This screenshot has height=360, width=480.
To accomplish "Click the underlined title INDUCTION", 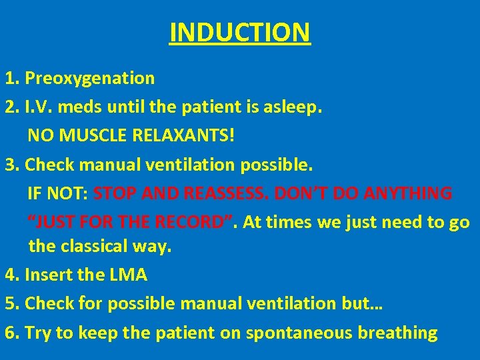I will (x=239, y=32).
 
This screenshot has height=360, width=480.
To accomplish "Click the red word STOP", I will (x=115, y=194).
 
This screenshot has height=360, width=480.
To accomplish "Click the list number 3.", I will (x=10, y=165).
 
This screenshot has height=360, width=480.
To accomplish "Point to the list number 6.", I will (x=10, y=333).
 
